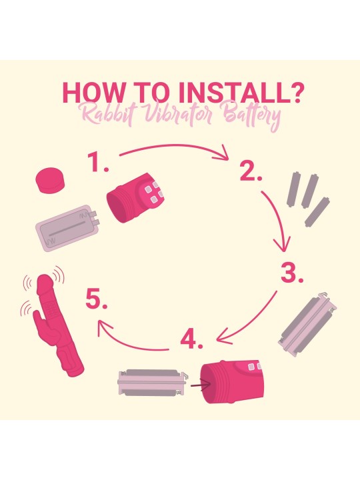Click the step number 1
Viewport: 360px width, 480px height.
[97, 162]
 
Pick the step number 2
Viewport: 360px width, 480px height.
[251, 171]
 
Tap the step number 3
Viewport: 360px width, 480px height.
[292, 273]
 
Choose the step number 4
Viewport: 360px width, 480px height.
[191, 339]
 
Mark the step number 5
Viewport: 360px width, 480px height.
[96, 299]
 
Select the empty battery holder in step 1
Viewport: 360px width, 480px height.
[67, 227]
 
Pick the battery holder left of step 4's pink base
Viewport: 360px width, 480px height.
[153, 383]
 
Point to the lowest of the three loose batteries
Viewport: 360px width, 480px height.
[317, 212]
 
